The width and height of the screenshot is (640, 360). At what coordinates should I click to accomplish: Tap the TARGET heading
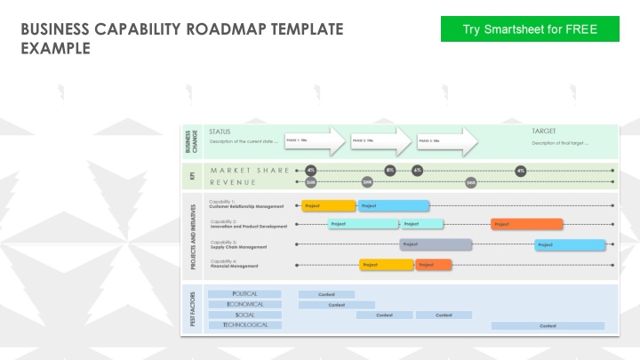tap(544, 131)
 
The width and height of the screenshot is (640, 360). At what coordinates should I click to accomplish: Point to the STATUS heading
tap(220, 131)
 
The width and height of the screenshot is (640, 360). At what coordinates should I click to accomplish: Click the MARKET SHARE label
tap(250, 170)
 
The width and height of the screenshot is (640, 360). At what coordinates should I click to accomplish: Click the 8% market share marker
tap(389, 170)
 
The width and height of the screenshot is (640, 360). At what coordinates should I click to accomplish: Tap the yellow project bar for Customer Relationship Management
tap(328, 205)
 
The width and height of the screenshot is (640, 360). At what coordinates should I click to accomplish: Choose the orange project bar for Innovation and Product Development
tap(526, 224)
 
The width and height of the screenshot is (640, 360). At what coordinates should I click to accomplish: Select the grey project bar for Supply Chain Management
tap(436, 244)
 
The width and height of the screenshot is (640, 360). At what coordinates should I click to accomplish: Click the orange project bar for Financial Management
tap(433, 264)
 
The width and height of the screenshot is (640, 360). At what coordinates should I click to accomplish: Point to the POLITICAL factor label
tap(244, 293)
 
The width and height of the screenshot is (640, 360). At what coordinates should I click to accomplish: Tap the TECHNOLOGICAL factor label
tap(244, 325)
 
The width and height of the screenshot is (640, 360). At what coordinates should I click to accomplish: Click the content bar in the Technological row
tap(548, 325)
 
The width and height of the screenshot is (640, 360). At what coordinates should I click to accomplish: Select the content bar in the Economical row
tap(336, 304)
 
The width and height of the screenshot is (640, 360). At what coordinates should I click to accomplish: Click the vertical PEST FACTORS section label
tap(193, 308)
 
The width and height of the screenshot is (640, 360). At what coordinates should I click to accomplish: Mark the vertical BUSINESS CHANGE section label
tap(192, 141)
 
